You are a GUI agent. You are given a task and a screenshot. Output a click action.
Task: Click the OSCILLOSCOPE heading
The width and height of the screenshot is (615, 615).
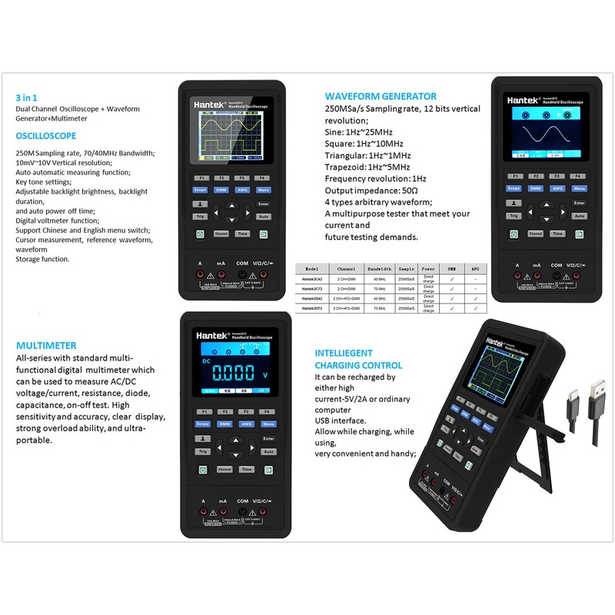pyautogui.click(x=46, y=136)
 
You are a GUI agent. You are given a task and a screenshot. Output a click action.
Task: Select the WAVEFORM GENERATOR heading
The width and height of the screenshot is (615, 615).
pyautogui.click(x=381, y=97)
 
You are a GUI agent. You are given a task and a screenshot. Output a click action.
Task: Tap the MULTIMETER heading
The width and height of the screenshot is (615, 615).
pyautogui.click(x=46, y=346)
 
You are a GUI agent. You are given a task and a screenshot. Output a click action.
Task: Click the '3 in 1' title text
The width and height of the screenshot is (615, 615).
pyautogui.click(x=27, y=98)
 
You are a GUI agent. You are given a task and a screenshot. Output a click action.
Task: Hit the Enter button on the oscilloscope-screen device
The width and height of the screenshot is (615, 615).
pyautogui.click(x=264, y=204)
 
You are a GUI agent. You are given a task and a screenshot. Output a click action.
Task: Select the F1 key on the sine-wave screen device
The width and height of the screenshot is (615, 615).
pyautogui.click(x=514, y=176)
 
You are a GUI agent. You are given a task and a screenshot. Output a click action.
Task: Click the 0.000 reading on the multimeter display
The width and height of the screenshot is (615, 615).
pyautogui.click(x=234, y=374)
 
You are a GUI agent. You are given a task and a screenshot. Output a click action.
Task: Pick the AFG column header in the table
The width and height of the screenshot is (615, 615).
pyautogui.click(x=476, y=270)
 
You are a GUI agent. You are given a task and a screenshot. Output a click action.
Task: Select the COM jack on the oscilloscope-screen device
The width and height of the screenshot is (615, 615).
pyautogui.click(x=243, y=274)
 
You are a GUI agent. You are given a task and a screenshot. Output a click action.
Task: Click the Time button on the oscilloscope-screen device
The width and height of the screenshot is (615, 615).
pyautogui.click(x=243, y=234)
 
